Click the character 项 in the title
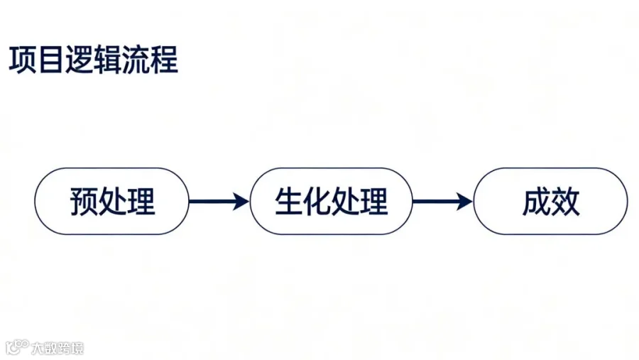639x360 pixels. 23,60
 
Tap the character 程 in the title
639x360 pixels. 164,60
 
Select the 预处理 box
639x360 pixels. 112,202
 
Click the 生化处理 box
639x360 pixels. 332,202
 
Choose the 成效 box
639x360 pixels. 551,202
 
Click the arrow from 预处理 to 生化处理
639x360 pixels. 219,202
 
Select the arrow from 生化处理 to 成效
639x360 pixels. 442,202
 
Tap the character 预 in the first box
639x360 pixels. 84,202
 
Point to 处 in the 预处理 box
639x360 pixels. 112,202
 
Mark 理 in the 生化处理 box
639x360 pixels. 374,202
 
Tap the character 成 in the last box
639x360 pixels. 537,202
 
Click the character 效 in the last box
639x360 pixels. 566,202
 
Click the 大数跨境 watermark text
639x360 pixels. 58,348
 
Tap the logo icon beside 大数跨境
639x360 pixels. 17,347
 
